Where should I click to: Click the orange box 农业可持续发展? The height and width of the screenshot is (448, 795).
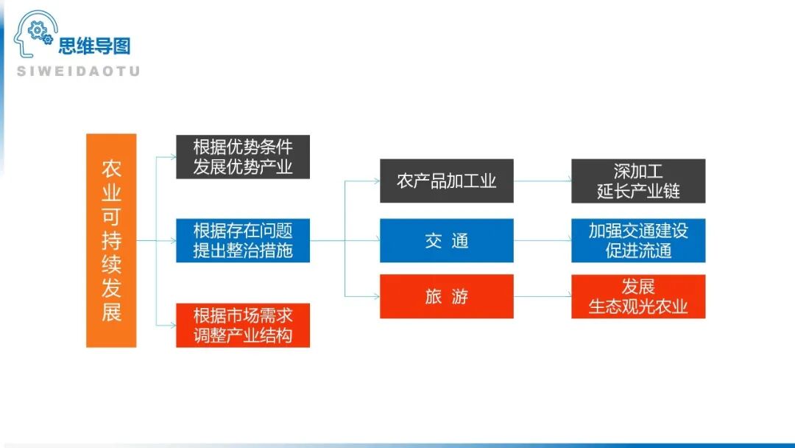click(111, 240)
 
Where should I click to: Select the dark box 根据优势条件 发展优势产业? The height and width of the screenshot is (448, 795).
click(243, 156)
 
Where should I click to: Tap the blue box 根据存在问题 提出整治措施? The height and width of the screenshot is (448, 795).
click(243, 240)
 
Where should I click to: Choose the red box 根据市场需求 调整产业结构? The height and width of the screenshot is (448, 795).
click(243, 325)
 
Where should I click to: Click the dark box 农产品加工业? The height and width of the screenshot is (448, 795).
click(446, 181)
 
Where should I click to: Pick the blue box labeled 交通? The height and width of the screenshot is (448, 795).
click(446, 240)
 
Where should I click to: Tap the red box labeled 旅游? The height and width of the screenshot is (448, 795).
click(446, 296)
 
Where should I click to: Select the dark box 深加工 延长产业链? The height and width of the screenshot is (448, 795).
click(637, 181)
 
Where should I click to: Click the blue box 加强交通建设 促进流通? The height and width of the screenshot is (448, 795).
click(637, 240)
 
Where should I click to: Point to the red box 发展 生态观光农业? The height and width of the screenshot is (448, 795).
click(637, 296)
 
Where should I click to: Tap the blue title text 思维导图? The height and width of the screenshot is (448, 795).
click(94, 46)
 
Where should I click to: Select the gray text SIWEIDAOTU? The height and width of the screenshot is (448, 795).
click(78, 71)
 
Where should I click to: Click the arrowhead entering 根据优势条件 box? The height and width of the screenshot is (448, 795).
click(172, 156)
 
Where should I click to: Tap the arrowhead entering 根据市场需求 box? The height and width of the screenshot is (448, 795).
click(172, 325)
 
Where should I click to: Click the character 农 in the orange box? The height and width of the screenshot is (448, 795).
click(111, 169)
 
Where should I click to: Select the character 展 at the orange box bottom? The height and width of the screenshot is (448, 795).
click(111, 312)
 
